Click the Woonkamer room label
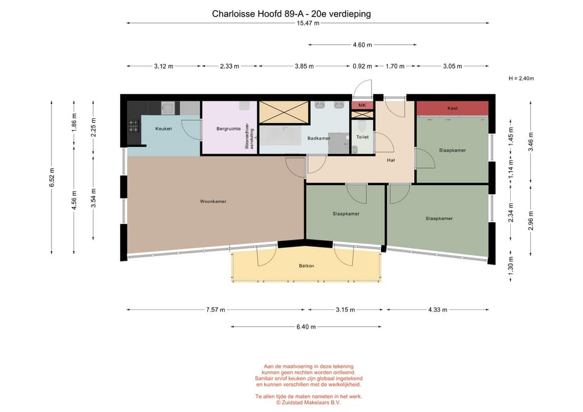coord(213,201)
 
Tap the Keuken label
coord(163,129)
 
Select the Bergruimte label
coord(227,129)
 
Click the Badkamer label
coord(318,138)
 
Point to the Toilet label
coord(362,138)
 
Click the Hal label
coord(392,160)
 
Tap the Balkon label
coord(306,266)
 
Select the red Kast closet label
coord(452,108)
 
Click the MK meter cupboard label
coord(362,106)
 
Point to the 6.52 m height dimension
coord(52,177)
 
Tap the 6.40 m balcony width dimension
coord(306,326)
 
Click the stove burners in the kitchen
coord(134,126)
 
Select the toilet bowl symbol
coord(362,126)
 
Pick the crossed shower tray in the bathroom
coord(284,112)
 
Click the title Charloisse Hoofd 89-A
coord(291,13)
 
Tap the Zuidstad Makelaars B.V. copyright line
coord(306,402)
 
